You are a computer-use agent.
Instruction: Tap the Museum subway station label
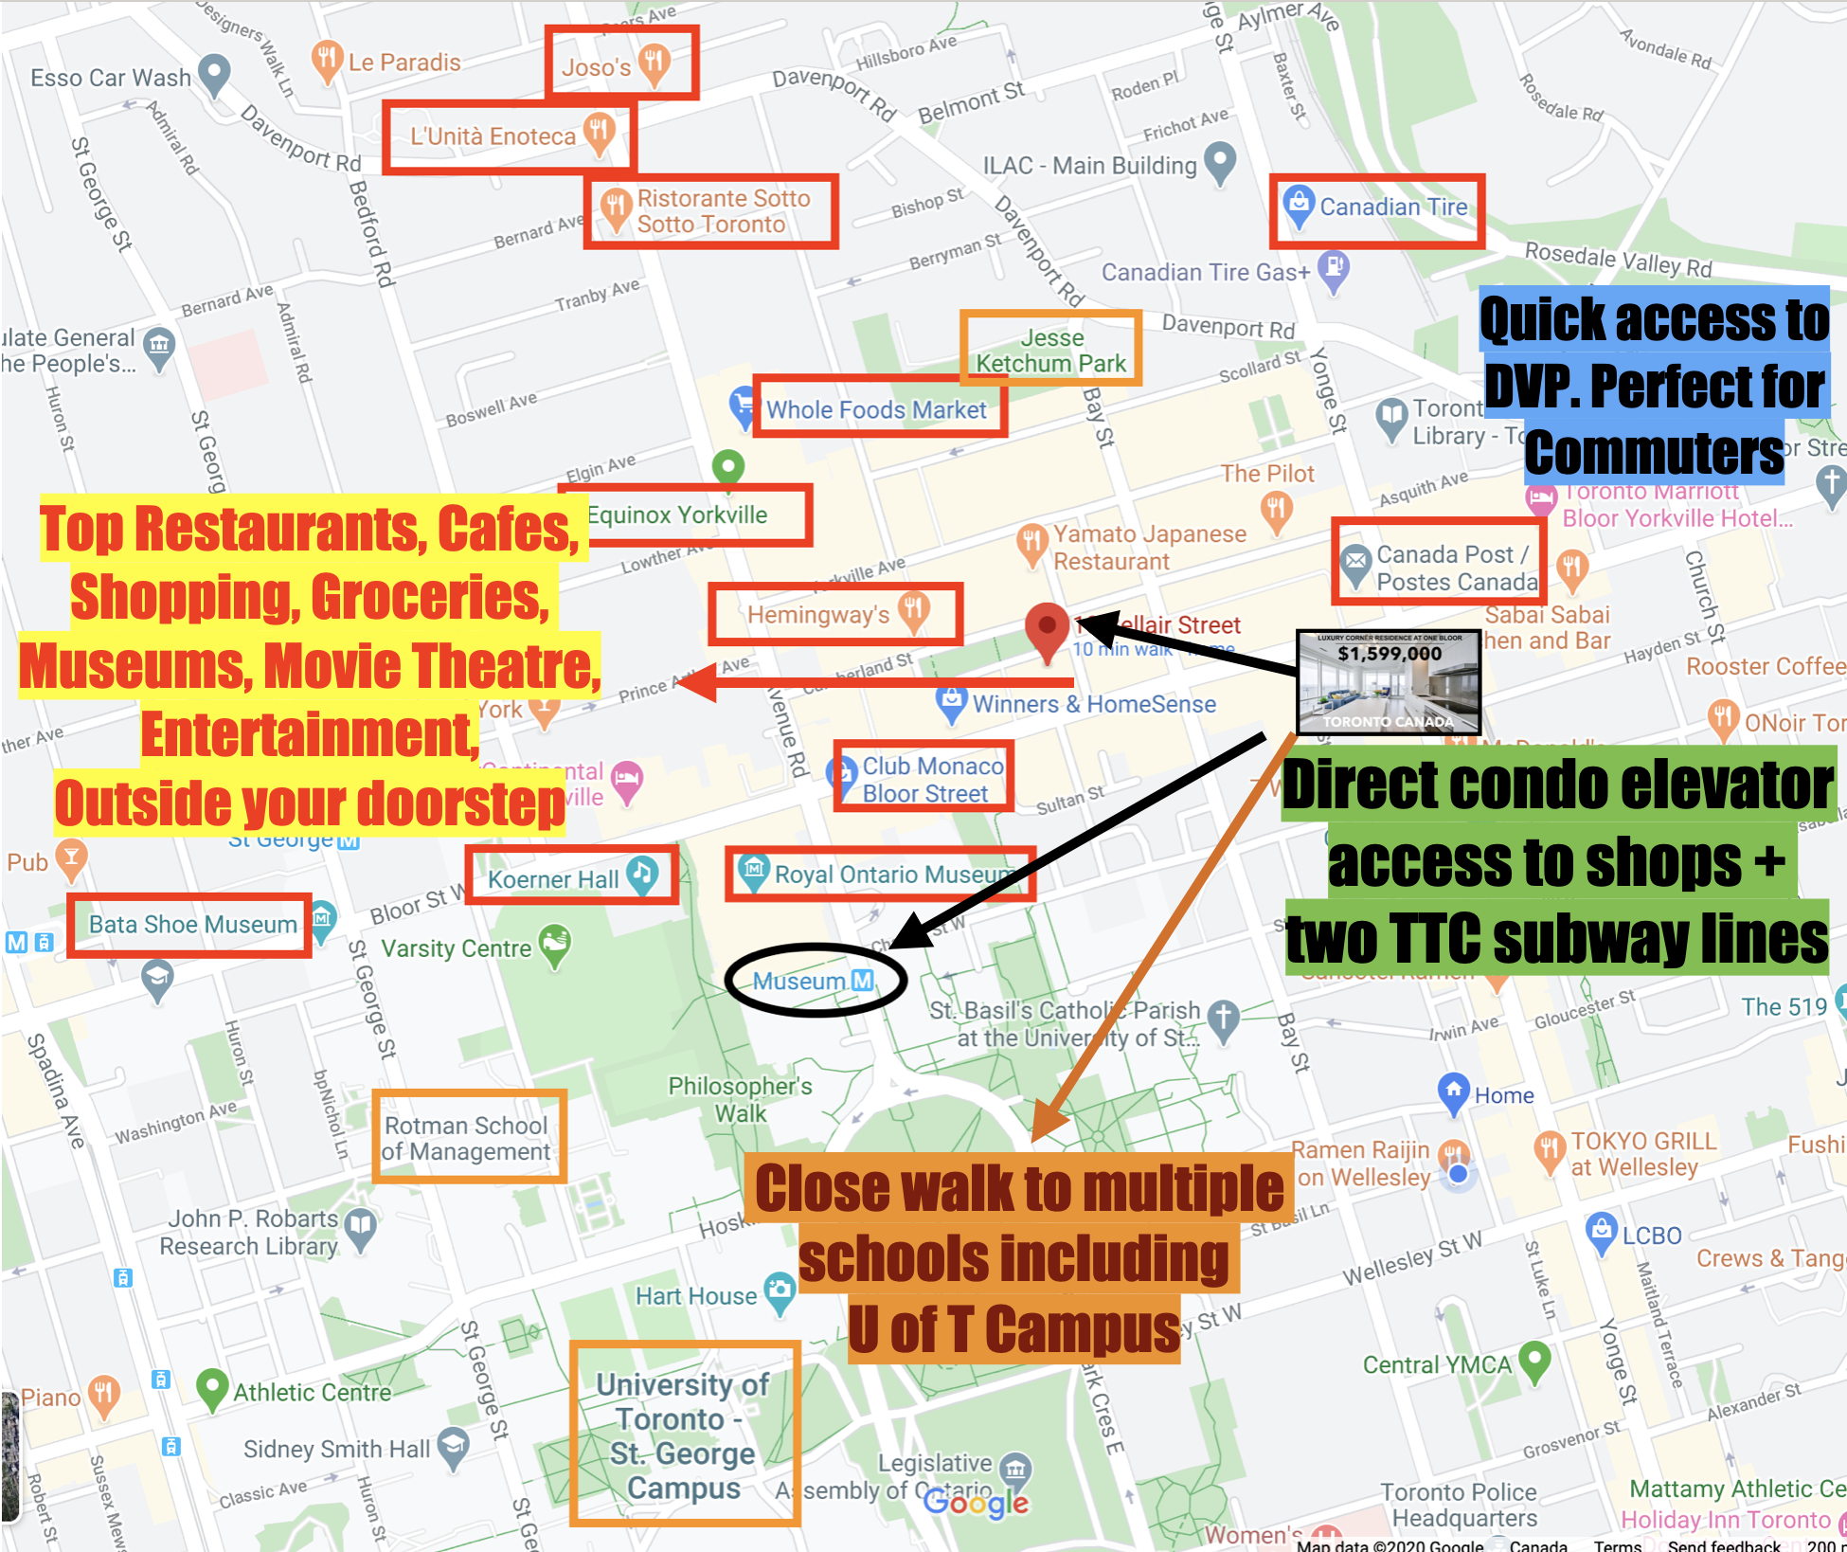coord(813,981)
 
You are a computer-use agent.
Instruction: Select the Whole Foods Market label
coord(876,409)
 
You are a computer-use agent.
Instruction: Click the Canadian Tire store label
coord(1393,207)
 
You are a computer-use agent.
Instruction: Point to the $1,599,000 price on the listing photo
coord(1390,654)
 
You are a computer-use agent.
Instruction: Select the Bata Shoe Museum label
coord(192,924)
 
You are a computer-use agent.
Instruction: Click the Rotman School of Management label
coord(466,1138)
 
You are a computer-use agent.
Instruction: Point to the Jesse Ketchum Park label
coord(1051,351)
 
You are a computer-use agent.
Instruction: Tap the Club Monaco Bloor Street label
coord(932,779)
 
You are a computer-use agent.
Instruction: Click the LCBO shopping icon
coord(1601,1231)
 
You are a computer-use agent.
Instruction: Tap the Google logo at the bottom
coord(976,1502)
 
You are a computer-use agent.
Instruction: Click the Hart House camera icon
coord(780,1290)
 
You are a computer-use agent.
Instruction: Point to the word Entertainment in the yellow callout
coord(309,734)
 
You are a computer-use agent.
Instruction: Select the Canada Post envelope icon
coord(1355,561)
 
